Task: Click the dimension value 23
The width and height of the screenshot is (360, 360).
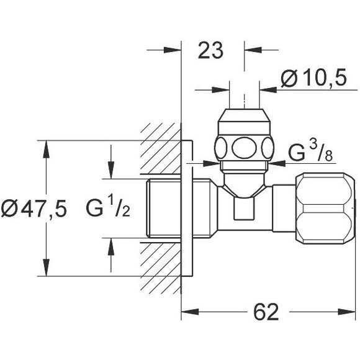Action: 210,50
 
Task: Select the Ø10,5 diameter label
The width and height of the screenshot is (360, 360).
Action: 313,78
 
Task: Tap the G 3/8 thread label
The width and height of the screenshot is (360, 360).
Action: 310,151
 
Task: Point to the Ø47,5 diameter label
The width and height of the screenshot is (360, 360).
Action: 34,208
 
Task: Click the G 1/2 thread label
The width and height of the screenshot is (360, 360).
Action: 108,207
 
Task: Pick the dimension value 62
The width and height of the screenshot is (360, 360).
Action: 266,312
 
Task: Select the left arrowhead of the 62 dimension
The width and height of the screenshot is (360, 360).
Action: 190,312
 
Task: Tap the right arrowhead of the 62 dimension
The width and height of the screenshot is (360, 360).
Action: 347,312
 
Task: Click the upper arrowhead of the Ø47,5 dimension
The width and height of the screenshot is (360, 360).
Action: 47,149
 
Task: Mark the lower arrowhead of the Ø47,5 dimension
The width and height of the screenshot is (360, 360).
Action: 47,268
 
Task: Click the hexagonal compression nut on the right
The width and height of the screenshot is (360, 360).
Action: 325,208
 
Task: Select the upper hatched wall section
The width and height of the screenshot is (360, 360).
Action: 161,148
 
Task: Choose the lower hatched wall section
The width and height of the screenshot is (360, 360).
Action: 161,269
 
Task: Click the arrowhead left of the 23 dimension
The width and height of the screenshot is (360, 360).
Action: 173,50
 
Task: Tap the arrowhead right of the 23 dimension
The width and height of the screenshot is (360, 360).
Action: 253,50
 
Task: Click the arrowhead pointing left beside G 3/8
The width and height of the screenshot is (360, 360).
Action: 277,163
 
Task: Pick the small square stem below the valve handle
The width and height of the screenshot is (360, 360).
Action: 244,209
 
